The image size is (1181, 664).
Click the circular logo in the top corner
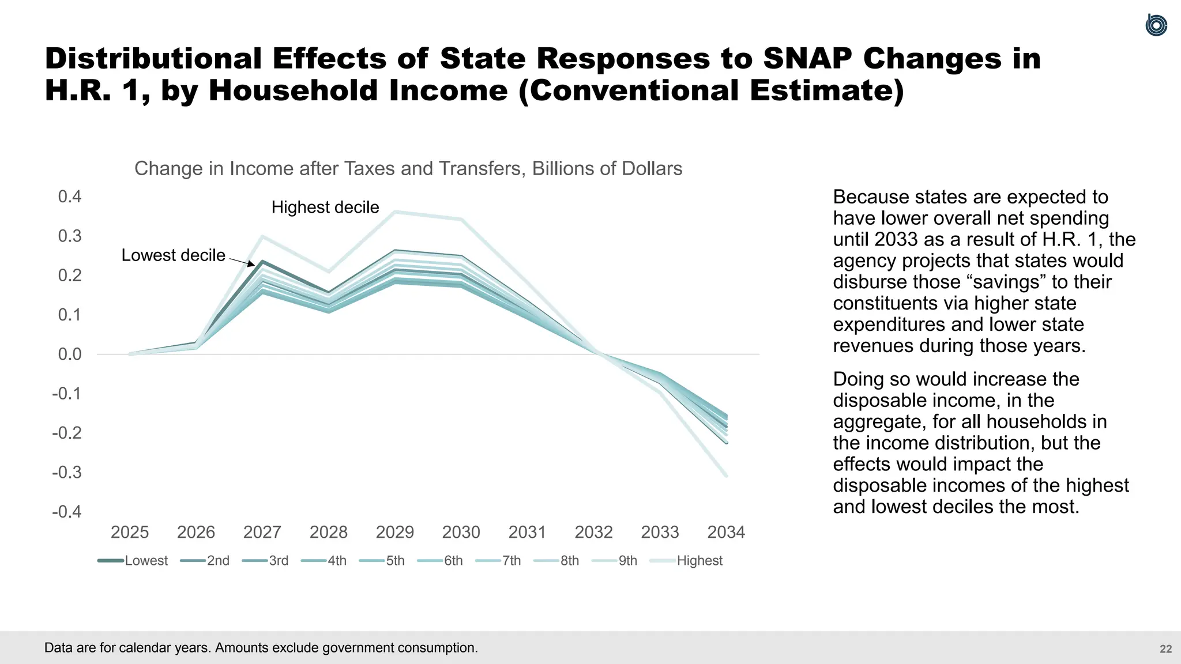pos(1156,25)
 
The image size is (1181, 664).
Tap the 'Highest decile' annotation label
pos(325,207)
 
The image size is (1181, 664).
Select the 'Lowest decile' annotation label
pos(173,255)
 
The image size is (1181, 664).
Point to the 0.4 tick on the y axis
pos(70,197)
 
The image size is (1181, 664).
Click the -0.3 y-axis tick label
pos(67,473)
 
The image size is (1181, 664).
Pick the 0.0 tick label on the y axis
pos(70,354)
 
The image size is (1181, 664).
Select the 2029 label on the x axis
pos(394,532)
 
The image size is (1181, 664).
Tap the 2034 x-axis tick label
pos(726,532)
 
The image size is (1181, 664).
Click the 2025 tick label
pos(130,532)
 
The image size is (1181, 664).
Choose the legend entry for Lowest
pos(133,561)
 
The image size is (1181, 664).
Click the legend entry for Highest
pos(687,561)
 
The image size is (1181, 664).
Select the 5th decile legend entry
pos(382,561)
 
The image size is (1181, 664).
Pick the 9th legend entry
pos(615,561)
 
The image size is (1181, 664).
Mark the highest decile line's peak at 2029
pos(395,212)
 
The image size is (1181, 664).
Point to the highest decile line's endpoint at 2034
pos(726,476)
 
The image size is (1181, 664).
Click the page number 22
pos(1165,649)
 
